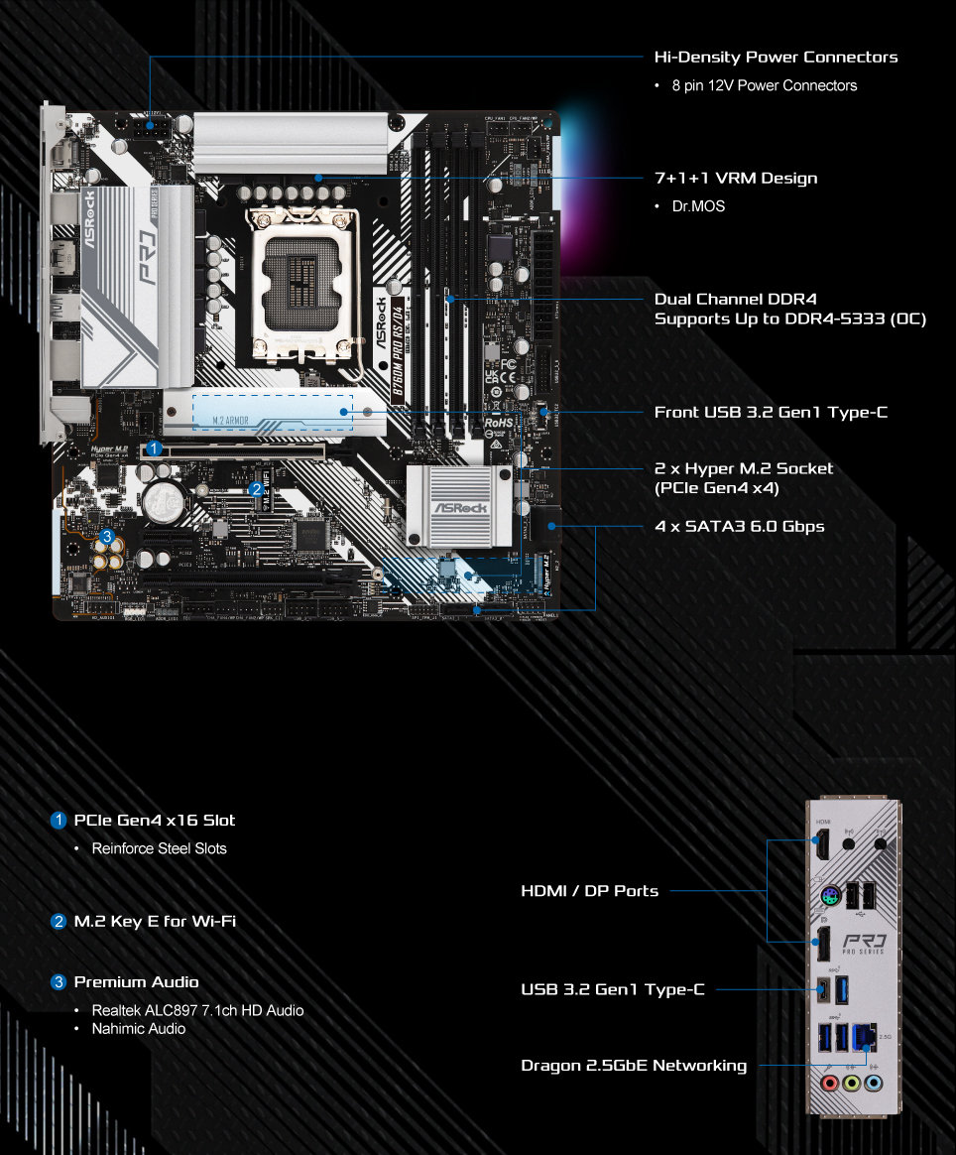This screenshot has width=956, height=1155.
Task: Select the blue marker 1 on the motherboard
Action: point(154,448)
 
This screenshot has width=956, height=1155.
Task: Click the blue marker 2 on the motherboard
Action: point(256,488)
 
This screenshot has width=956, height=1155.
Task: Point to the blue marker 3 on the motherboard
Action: point(107,537)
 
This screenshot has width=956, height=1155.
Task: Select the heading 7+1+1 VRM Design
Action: point(736,179)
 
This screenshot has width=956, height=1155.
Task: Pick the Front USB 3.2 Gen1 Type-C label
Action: point(771,412)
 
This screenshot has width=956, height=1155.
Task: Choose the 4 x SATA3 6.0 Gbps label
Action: point(739,526)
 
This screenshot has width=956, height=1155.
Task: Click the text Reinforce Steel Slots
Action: point(159,848)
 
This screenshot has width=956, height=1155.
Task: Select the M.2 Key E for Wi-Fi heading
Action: point(155,922)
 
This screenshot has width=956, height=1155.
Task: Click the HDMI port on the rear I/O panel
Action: point(822,846)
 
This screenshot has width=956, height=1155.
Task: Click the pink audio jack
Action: point(830,1083)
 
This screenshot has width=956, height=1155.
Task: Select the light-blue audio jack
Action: point(873,1083)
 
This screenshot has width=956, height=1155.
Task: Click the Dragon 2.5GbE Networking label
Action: point(634,1066)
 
